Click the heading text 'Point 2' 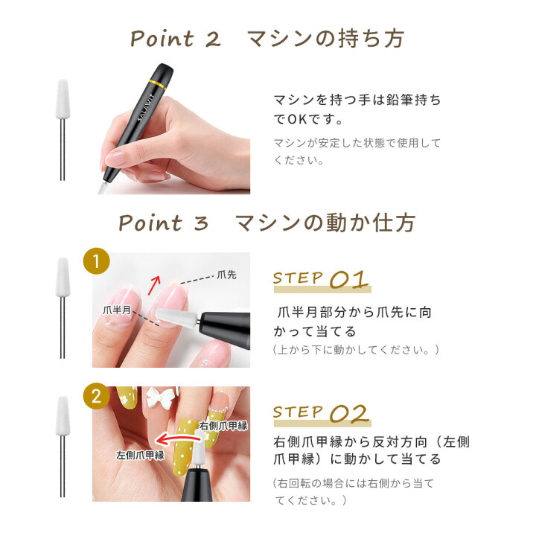[176, 39]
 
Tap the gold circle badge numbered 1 [95, 262]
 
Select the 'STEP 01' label [321, 280]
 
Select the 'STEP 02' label [321, 413]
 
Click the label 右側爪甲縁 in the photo [223, 426]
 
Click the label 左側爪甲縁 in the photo [140, 454]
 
